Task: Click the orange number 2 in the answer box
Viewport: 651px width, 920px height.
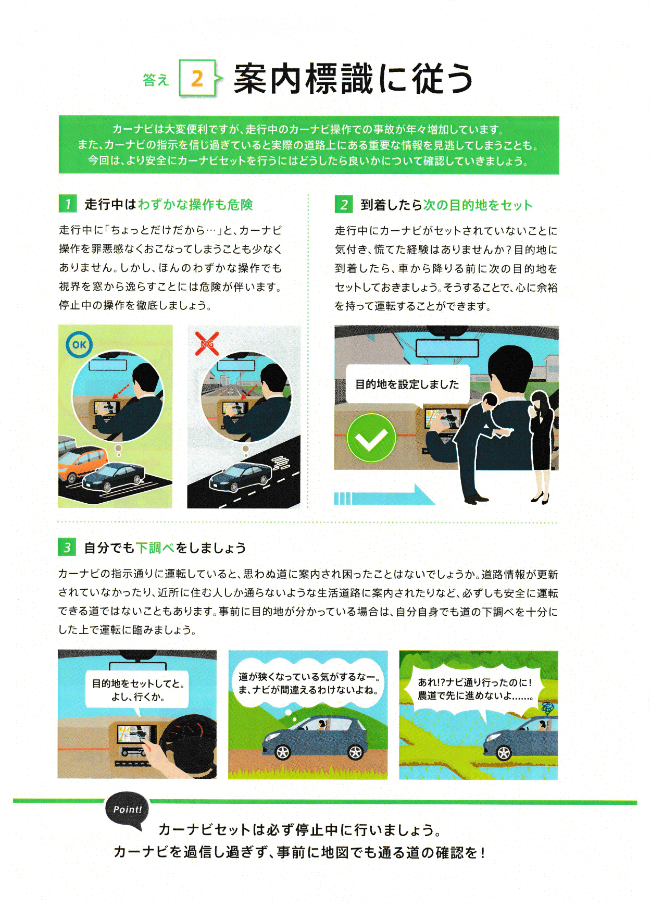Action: tap(197, 79)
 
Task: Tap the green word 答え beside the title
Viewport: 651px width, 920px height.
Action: tap(156, 80)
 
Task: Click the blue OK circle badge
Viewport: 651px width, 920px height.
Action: tap(79, 345)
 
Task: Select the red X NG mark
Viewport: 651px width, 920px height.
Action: tap(207, 343)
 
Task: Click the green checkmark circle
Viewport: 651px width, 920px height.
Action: tap(371, 438)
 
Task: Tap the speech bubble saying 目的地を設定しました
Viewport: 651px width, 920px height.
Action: tap(408, 385)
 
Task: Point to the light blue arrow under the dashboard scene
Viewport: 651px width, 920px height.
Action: tap(384, 495)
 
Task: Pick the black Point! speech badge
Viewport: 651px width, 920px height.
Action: tap(127, 810)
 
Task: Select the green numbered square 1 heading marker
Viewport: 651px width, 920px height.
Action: tap(68, 204)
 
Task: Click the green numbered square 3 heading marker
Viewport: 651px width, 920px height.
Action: tap(67, 548)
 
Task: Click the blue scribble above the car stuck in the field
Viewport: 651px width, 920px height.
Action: tap(548, 708)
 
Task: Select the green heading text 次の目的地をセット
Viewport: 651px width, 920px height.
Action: tap(478, 205)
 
